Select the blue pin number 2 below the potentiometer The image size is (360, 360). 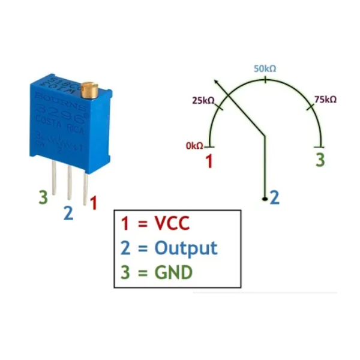coord(68,213)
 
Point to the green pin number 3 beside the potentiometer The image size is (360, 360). coord(43,197)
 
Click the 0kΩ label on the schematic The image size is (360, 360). coord(194,145)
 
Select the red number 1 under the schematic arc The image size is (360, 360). coord(209,161)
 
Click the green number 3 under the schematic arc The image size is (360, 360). coord(320,160)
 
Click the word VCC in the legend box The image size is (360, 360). coord(172,224)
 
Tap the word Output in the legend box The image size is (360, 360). coord(185,248)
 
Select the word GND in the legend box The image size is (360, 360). coord(173,272)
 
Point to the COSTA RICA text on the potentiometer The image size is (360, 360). coord(59,125)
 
